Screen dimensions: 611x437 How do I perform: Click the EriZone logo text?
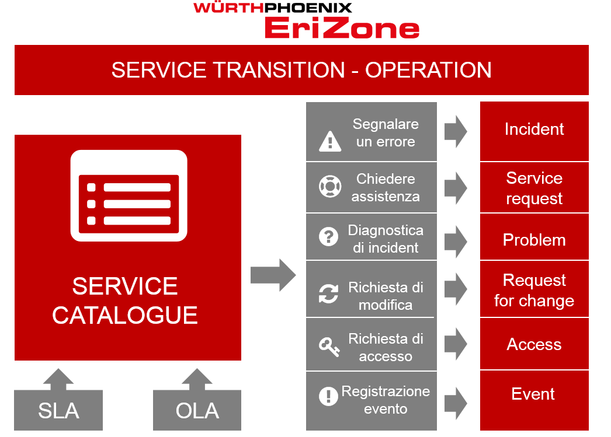(342, 28)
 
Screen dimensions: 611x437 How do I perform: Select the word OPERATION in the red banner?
(428, 70)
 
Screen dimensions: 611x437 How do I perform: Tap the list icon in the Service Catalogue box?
(129, 195)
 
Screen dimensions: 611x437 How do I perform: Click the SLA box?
(58, 410)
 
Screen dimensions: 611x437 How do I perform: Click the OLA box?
(197, 410)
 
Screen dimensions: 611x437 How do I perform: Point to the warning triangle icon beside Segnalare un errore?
(330, 141)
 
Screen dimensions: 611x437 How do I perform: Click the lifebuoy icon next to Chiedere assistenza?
(330, 186)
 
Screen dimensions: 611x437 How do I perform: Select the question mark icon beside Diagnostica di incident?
(328, 237)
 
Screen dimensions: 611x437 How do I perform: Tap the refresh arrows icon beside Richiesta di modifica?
(328, 293)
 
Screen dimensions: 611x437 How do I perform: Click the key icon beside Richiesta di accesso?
(329, 347)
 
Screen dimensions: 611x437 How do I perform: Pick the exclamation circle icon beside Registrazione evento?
(328, 396)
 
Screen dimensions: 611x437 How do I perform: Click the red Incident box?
(534, 131)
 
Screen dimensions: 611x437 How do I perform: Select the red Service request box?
(534, 187)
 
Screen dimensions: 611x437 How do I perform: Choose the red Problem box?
(534, 237)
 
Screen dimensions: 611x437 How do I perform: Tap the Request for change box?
(534, 289)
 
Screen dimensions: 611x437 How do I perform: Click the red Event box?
(534, 400)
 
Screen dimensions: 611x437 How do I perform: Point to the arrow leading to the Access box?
(456, 344)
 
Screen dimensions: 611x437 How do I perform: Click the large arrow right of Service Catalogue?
(273, 275)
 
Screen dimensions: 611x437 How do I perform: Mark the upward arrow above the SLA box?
(58, 379)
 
